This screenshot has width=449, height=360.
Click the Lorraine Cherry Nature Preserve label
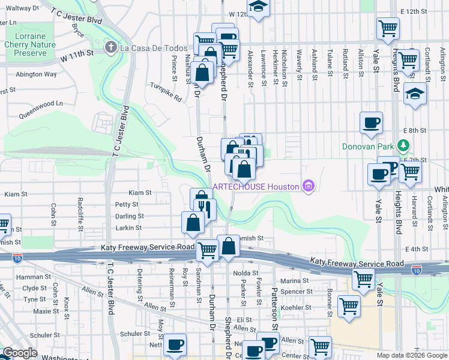(29, 44)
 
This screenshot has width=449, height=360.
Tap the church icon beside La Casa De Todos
(110, 47)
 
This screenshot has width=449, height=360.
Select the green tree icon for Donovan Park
(405, 146)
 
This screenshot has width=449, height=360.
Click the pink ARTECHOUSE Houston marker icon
(309, 187)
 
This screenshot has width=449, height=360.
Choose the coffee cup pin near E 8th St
(371, 122)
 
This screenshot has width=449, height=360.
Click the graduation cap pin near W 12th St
(259, 7)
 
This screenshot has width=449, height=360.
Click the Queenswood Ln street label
(41, 103)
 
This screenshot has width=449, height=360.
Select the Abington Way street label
(36, 74)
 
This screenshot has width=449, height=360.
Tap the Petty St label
(127, 205)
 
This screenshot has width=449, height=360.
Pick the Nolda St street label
(245, 273)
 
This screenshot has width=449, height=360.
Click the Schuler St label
(134, 334)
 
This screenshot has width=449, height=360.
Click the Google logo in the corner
(20, 353)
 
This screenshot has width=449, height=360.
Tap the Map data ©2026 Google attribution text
(411, 355)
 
